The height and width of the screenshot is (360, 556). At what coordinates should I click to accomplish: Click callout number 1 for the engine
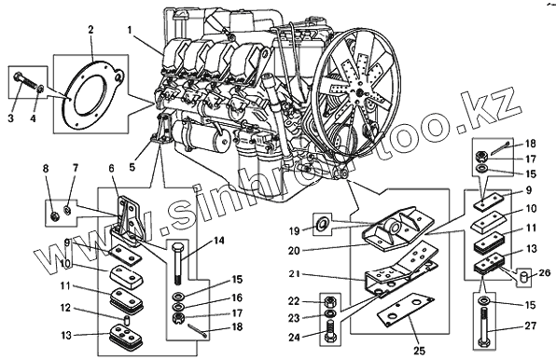(130, 31)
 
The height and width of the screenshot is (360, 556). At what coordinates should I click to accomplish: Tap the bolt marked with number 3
(26, 81)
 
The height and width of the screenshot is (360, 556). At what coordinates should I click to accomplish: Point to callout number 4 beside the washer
(33, 118)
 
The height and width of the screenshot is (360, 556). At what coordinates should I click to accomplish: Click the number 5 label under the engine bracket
(132, 167)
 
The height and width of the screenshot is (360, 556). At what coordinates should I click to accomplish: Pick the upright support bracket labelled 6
(126, 220)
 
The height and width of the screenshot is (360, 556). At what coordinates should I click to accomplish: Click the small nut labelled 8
(55, 215)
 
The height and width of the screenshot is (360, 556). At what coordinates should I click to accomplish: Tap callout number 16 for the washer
(237, 298)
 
